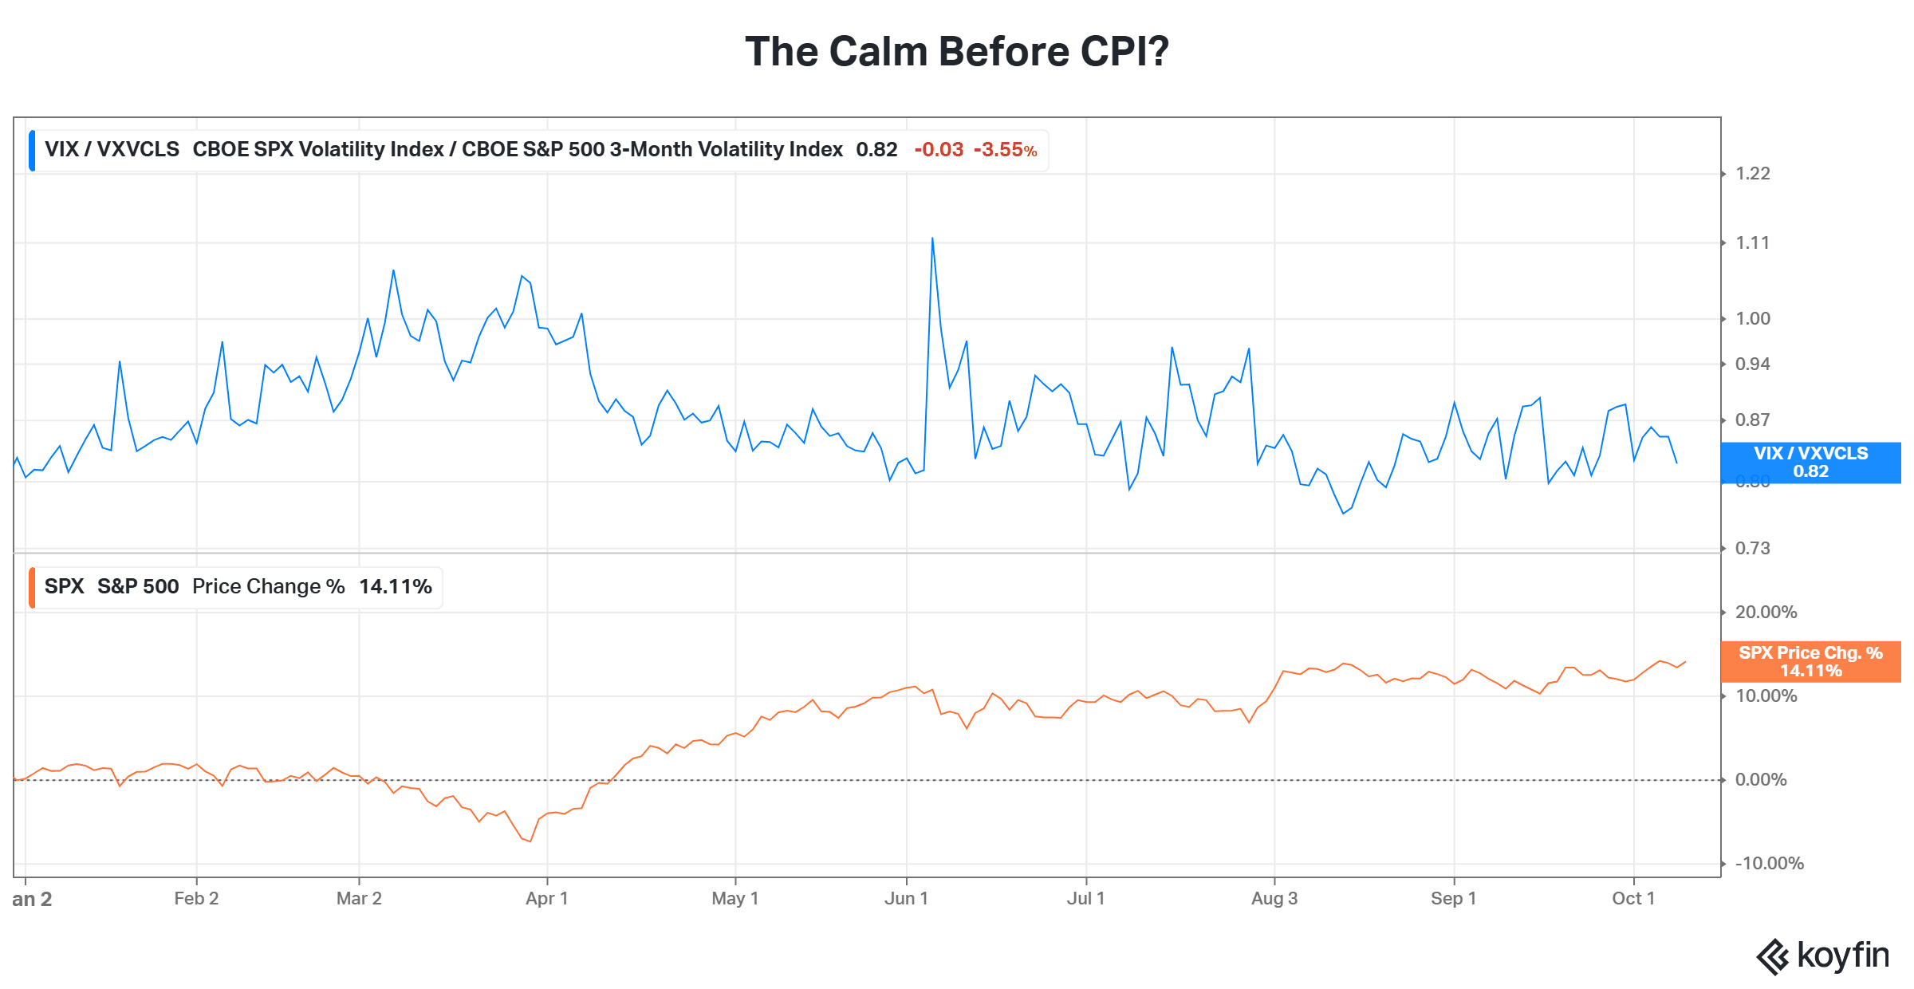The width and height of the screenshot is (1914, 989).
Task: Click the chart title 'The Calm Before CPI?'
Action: coord(957,52)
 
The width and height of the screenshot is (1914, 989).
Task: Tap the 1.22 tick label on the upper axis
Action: coord(1753,174)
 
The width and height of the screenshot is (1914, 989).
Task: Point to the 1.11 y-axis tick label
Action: coord(1753,243)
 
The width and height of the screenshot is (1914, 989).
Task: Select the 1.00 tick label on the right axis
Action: coord(1753,319)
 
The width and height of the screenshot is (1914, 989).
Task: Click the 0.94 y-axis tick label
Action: coord(1753,364)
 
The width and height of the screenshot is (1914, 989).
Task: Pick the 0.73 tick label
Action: coord(1753,549)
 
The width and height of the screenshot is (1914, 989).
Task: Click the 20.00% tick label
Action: coord(1766,613)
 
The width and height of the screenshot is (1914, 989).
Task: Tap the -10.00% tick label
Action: coord(1770,864)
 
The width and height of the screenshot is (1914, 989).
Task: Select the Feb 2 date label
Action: coord(196,899)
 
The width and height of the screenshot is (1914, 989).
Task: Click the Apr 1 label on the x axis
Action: coord(547,899)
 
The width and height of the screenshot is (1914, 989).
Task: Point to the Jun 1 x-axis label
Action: coord(907,899)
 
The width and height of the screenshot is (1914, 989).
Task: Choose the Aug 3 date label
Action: coord(1274,899)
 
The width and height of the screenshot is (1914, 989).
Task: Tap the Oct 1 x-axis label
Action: coord(1633,899)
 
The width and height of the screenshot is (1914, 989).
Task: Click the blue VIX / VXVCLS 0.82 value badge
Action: coord(1811,463)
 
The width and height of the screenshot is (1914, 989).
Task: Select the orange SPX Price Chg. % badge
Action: coord(1811,662)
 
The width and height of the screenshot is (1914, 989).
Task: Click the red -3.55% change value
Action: coord(1006,150)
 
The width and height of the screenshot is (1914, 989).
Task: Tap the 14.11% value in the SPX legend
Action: coord(396,587)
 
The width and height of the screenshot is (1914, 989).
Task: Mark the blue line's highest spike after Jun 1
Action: coord(932,238)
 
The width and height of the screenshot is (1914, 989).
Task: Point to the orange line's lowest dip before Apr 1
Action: coord(530,841)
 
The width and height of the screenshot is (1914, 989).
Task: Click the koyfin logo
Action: coord(1823,956)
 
